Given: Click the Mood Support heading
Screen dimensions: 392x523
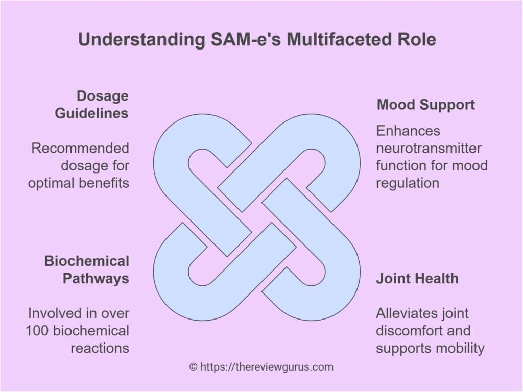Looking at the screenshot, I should click(425, 105).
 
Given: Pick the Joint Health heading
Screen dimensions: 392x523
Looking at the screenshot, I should click(417, 278).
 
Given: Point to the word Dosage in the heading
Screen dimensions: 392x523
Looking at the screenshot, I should click(102, 96).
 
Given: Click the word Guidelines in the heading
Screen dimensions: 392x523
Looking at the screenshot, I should click(92, 113).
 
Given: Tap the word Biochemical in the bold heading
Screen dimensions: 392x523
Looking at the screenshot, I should click(87, 261).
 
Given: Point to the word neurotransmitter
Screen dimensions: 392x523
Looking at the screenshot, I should click(429, 148).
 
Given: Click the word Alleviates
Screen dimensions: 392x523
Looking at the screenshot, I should click(408, 313).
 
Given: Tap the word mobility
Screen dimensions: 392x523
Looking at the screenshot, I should click(459, 348).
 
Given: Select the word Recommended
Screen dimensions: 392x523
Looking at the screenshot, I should click(80, 148).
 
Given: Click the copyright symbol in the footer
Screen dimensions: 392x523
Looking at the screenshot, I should click(193, 366).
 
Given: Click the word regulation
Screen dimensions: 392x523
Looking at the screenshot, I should click(407, 183).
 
